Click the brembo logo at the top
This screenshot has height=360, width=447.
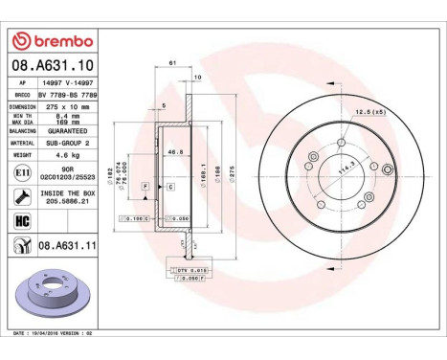[50, 40]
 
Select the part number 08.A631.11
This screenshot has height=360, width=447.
[65, 247]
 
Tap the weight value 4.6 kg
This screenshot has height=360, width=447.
[64, 153]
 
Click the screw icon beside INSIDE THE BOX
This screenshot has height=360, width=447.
[20, 197]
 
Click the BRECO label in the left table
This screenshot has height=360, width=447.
[20, 96]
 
